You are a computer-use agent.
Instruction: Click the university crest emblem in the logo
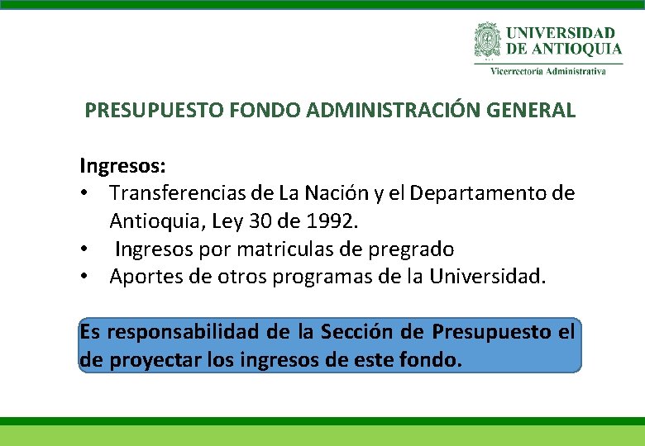(488, 39)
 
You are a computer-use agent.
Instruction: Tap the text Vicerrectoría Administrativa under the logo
(548, 71)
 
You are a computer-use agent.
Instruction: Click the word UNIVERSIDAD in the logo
(561, 33)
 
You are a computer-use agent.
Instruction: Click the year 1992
(331, 221)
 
